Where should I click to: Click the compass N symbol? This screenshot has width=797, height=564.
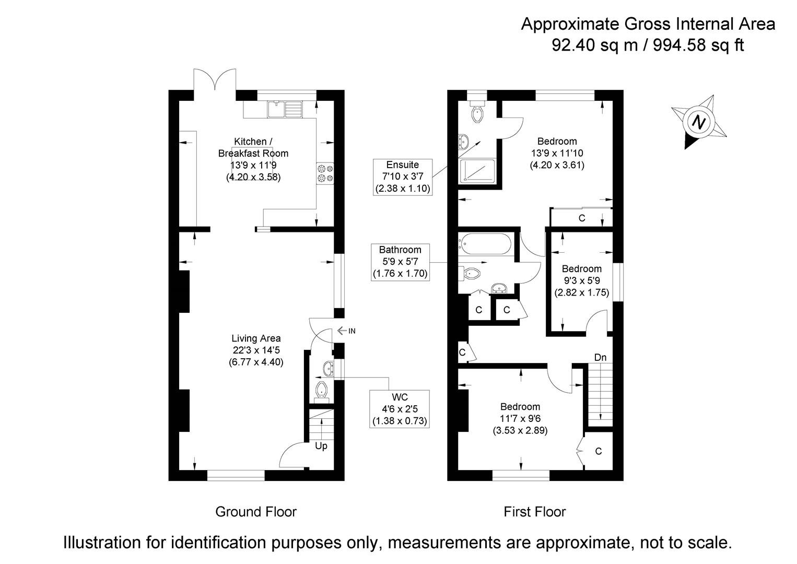coord(698,122)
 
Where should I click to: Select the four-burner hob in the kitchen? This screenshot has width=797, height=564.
coord(325,173)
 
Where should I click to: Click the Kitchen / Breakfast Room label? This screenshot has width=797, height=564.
coord(253,147)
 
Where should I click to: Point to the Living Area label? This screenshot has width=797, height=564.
coord(256,338)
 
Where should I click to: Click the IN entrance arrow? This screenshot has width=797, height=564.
coord(346,331)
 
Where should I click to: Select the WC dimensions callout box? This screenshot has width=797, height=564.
coord(399,409)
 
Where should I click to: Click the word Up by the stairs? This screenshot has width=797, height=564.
coord(321,446)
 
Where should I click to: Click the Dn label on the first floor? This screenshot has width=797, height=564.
coord(600,357)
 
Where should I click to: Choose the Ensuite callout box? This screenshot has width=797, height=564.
coord(403,177)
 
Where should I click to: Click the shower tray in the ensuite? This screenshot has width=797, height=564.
coord(477,171)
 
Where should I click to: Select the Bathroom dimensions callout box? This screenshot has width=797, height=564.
coord(400,262)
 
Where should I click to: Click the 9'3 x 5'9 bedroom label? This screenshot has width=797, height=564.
coord(582,280)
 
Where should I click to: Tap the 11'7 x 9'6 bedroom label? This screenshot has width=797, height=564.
coord(520,418)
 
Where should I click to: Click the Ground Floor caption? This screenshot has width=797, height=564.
coord(256,512)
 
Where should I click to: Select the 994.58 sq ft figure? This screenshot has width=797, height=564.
coord(698,45)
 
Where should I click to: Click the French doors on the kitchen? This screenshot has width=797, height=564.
coord(215,79)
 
